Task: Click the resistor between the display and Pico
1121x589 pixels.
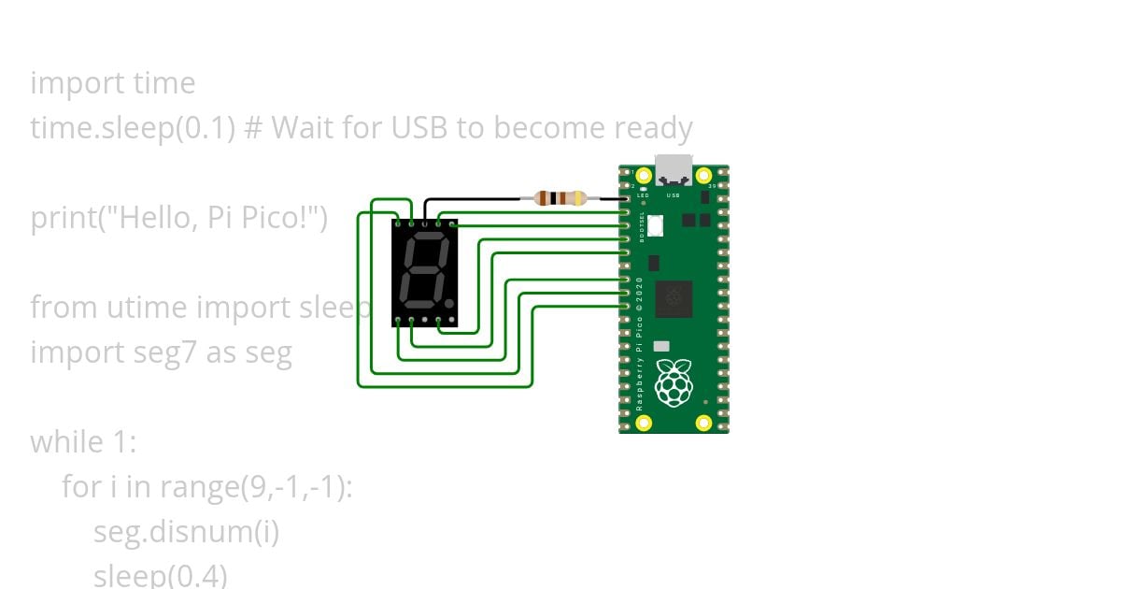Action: pyautogui.click(x=560, y=198)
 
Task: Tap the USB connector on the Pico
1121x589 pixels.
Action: pyautogui.click(x=674, y=170)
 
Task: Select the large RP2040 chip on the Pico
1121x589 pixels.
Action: pyautogui.click(x=674, y=298)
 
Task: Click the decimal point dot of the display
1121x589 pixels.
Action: pyautogui.click(x=449, y=304)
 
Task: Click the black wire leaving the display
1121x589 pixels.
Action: pyautogui.click(x=476, y=198)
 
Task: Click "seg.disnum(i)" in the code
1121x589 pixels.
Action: pyautogui.click(x=187, y=532)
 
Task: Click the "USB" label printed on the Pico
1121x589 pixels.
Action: pyautogui.click(x=673, y=196)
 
